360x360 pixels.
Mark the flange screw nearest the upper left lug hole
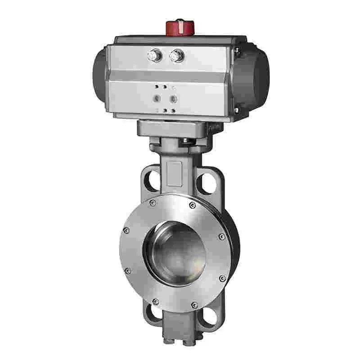pyautogui.click(x=153, y=203)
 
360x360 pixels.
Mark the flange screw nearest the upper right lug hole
pyautogui.click(x=193, y=205)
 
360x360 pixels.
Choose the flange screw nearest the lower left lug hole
pyautogui.click(x=155, y=301)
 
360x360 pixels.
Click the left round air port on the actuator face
pyautogui.click(x=157, y=98)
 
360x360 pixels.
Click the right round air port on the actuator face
pyautogui.click(x=172, y=98)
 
